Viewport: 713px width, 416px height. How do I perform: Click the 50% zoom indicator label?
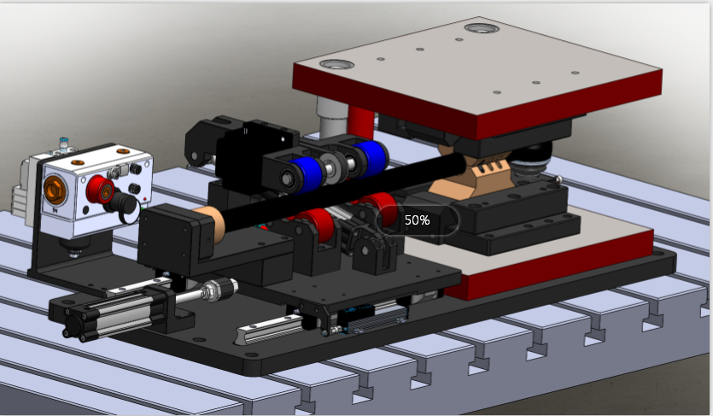pos(418,220)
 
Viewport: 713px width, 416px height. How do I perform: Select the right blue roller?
pos(371,156)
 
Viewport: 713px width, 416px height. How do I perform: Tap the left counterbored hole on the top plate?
pos(336,65)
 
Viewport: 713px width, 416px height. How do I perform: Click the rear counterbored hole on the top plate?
pos(481,28)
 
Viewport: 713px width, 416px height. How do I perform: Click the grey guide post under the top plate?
pos(329,115)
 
